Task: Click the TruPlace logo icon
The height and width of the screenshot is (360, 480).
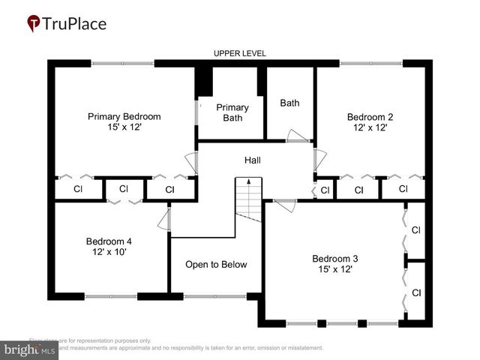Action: (34, 24)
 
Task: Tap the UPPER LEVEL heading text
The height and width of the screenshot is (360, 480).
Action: (240, 53)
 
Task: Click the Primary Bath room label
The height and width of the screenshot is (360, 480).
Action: (232, 112)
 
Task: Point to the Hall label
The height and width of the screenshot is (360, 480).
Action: (253, 160)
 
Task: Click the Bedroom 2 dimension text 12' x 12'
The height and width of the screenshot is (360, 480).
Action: (369, 128)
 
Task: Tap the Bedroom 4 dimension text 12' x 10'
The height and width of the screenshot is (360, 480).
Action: (109, 252)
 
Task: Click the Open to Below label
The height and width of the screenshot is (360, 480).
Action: (216, 265)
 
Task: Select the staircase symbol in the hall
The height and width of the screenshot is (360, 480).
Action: (248, 201)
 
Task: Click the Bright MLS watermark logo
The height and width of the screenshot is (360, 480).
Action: (30, 349)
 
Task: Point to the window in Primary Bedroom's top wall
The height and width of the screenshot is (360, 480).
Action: (123, 63)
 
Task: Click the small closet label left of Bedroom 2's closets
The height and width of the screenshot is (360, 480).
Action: (325, 190)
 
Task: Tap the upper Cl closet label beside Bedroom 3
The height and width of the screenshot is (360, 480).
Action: (416, 230)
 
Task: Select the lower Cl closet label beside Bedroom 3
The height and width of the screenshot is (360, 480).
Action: (416, 292)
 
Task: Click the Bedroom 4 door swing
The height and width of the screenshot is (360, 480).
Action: (165, 219)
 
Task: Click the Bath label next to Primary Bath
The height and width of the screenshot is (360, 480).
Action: (289, 103)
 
